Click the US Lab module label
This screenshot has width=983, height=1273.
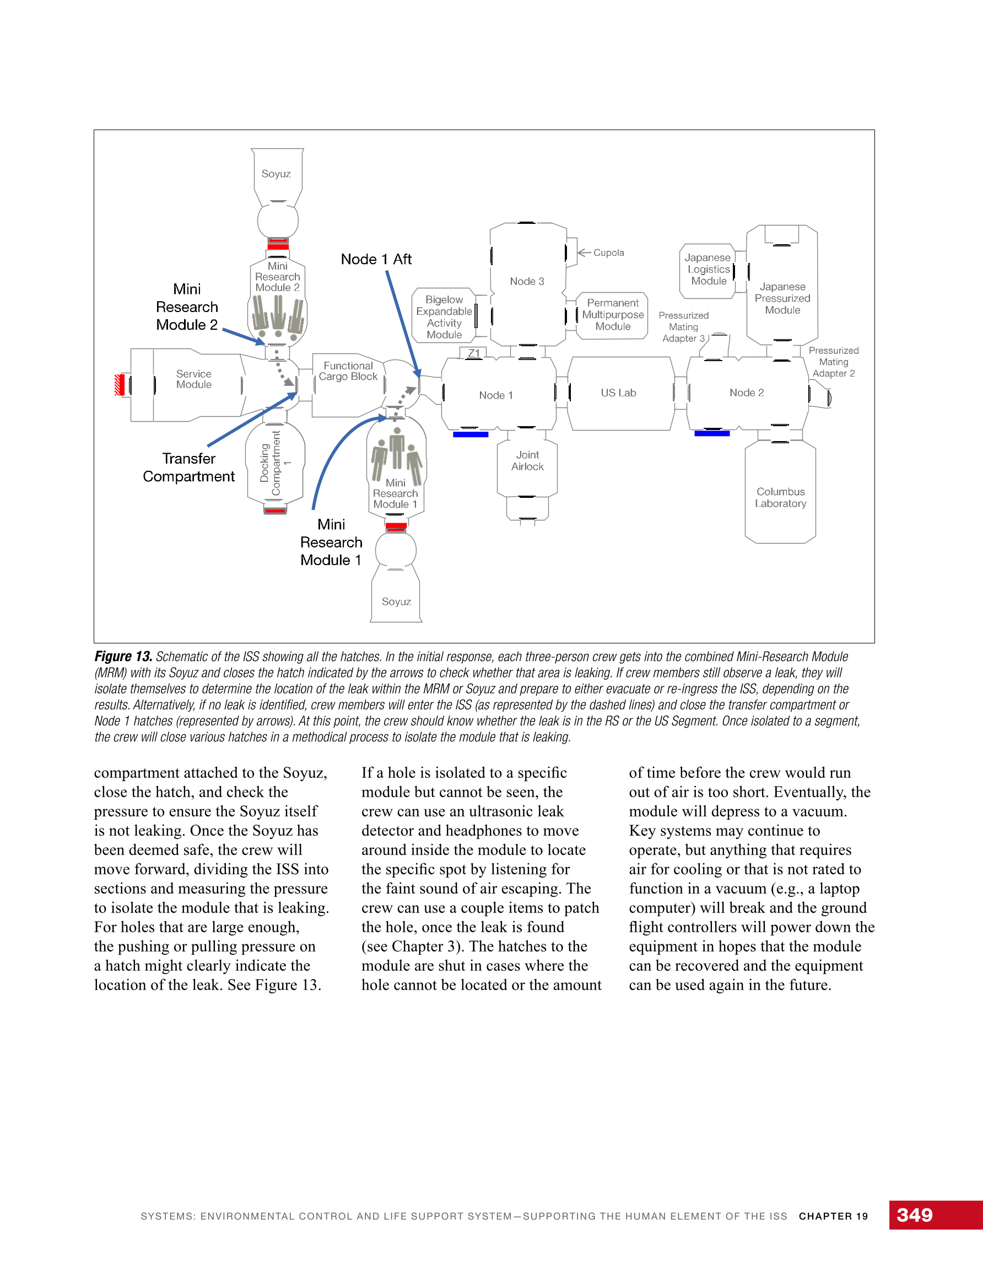pos(618,393)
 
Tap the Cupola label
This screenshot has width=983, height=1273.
pos(608,253)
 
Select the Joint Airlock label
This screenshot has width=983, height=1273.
pos(527,460)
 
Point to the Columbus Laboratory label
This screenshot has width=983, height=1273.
pos(781,498)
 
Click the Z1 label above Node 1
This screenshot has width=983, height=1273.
pos(474,353)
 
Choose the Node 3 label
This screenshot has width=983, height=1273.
pos(527,282)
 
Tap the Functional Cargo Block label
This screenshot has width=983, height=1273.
pos(348,371)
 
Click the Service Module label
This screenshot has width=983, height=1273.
pos(194,379)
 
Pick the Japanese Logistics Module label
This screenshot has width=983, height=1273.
pos(709,269)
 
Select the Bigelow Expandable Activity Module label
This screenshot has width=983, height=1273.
pos(444,317)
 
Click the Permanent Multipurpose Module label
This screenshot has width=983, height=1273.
pos(613,315)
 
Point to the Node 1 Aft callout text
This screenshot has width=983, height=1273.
pos(376,259)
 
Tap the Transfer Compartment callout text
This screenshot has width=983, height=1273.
pos(189,468)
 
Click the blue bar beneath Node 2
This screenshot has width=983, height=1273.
pos(712,433)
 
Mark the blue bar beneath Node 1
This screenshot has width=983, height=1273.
pos(471,434)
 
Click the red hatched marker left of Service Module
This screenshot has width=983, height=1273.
pos(120,385)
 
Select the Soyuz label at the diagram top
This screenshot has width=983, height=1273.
pos(276,174)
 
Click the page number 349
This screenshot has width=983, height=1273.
pos(915,1215)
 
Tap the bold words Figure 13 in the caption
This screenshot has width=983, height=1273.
pos(123,656)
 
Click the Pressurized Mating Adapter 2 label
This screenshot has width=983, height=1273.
pos(834,362)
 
